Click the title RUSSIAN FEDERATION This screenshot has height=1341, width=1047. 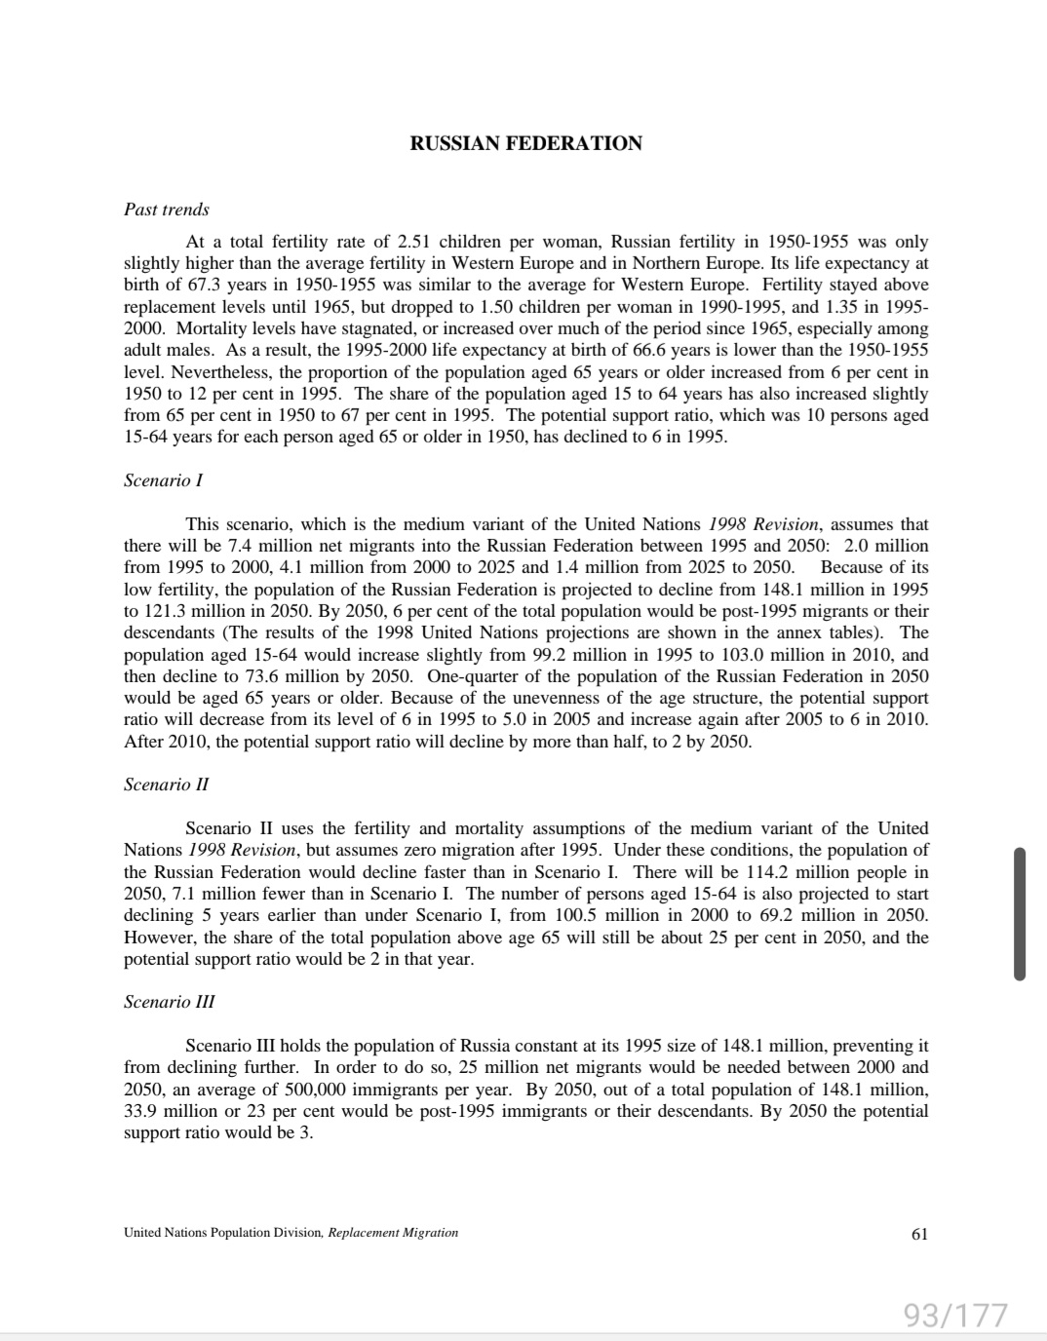click(x=525, y=143)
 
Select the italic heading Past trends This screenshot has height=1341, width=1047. click(x=167, y=210)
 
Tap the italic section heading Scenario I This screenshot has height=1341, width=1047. click(x=163, y=480)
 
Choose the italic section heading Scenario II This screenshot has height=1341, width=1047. click(x=166, y=785)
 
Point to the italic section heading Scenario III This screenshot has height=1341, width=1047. click(x=170, y=1002)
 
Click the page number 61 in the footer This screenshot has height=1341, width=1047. click(x=919, y=1234)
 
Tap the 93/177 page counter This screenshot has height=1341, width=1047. click(x=954, y=1315)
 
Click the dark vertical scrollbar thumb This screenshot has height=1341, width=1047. click(x=1020, y=913)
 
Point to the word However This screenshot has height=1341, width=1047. click(x=160, y=938)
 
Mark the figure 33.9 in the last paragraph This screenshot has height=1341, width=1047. click(x=140, y=1111)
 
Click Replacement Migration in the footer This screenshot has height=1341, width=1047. click(x=393, y=1233)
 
